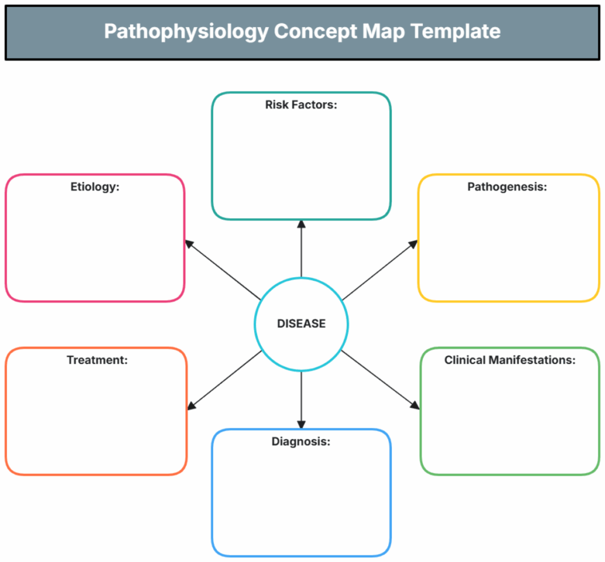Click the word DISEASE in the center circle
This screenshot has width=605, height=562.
click(301, 324)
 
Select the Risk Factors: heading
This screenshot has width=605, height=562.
click(301, 105)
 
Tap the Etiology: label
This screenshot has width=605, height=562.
click(95, 187)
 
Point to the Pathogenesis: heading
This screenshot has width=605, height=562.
click(507, 187)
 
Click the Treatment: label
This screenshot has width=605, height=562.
click(97, 359)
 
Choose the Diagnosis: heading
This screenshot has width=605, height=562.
click(301, 441)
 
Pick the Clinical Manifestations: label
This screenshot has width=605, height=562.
click(509, 359)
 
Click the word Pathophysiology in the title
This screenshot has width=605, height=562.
click(186, 31)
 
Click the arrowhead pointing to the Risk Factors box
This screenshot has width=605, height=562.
click(301, 224)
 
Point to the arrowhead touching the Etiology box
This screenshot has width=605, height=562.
click(188, 243)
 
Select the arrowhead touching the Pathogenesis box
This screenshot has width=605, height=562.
click(414, 243)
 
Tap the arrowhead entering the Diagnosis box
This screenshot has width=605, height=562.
click(301, 425)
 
